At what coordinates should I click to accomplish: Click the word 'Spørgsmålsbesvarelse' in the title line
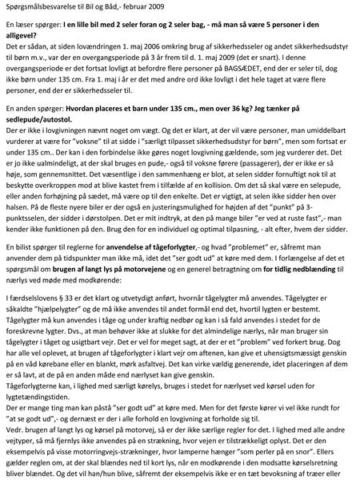pyautogui.click(x=39, y=8)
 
